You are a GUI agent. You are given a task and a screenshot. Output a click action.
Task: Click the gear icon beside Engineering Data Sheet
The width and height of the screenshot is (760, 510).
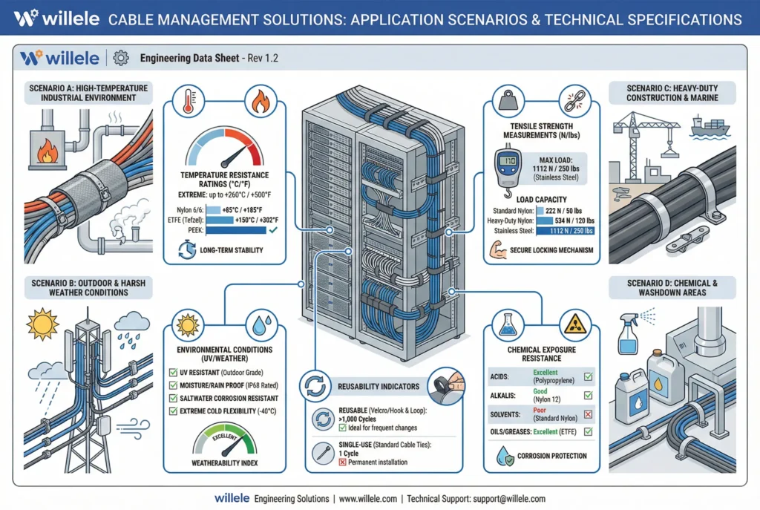121,58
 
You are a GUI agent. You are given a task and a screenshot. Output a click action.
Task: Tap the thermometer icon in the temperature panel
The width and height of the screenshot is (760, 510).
189,101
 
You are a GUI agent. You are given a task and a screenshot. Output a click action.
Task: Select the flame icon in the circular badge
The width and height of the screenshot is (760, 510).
261,101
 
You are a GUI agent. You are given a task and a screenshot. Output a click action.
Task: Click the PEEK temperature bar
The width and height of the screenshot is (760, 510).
236,230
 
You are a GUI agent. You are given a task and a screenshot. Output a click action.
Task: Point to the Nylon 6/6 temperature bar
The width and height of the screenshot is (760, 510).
213,210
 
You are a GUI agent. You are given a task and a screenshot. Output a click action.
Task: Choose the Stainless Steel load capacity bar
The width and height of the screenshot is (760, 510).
565,231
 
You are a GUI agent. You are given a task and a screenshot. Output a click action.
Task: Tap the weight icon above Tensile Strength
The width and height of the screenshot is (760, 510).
508,100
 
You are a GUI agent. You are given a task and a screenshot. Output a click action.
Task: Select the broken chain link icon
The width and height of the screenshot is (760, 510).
575,101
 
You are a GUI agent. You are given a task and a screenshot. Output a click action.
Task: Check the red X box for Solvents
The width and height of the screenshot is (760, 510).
588,414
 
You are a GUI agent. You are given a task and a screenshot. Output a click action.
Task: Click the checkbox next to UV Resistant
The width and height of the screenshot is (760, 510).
173,373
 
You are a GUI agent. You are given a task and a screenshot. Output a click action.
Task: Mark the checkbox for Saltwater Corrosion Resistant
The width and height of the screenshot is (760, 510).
173,398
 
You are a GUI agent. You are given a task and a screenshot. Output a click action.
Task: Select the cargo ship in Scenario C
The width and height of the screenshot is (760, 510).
710,126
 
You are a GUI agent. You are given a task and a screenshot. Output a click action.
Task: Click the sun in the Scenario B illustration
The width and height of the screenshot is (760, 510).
42,324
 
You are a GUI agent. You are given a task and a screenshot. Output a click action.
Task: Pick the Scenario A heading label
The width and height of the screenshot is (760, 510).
88,93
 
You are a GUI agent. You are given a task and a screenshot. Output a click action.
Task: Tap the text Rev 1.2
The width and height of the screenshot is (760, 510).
263,58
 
